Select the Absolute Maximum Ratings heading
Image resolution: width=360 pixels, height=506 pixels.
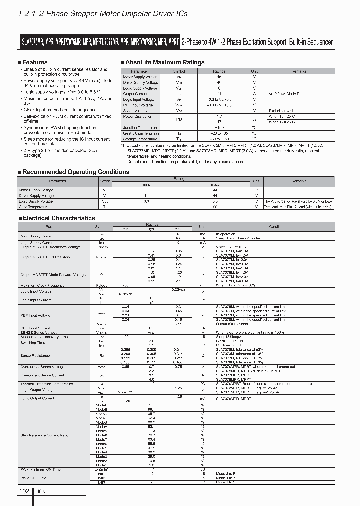pyautogui.click(x=164, y=62)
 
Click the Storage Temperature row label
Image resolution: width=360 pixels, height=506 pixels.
pyautogui.click(x=140, y=138)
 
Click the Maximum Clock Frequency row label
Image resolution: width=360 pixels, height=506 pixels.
pyautogui.click(x=42, y=285)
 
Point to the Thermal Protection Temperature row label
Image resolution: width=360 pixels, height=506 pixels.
pyautogui.click(x=46, y=384)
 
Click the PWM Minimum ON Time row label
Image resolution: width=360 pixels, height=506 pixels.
pyautogui.click(x=40, y=469)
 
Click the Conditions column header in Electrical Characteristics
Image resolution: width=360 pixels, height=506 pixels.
pyautogui.click(x=277, y=226)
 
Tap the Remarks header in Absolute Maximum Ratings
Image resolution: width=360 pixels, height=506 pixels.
pyautogui.click(x=299, y=71)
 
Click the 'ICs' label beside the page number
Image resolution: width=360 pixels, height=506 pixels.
pyautogui.click(x=41, y=492)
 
